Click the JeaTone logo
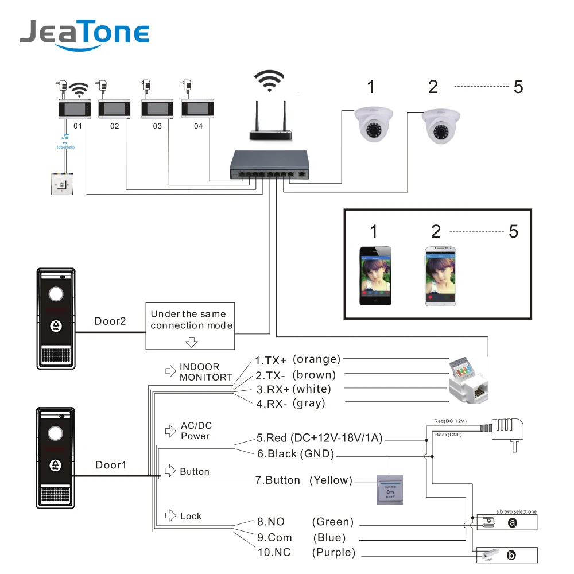[x=85, y=33]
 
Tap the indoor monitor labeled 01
[x=75, y=108]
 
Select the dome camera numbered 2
[x=441, y=126]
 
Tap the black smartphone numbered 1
[x=375, y=276]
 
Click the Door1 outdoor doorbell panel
[x=56, y=457]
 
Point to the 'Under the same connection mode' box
[x=191, y=325]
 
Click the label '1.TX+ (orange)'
[x=297, y=360]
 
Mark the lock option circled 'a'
[x=513, y=523]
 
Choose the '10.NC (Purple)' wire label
[x=306, y=553]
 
